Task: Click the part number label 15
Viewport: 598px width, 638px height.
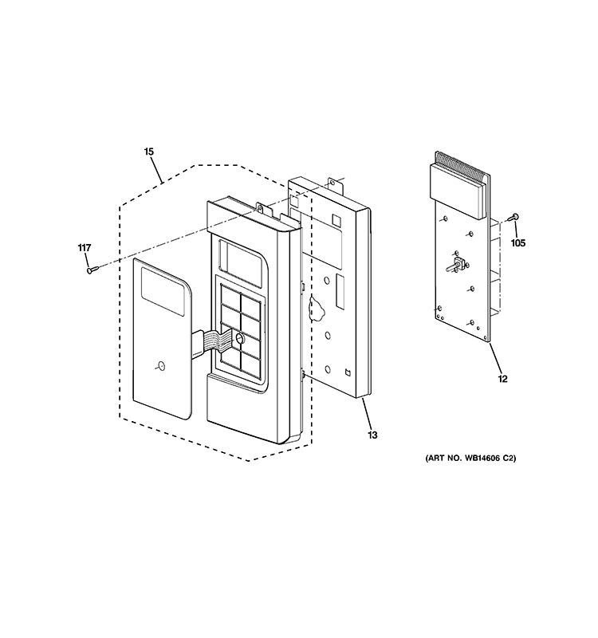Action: [x=149, y=152]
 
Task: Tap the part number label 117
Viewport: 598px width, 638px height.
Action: [x=85, y=248]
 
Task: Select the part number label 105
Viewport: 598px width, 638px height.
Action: [x=518, y=243]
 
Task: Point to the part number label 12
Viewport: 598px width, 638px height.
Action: [x=503, y=379]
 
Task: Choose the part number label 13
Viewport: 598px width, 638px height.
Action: [x=372, y=435]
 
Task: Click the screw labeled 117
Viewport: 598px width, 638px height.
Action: [x=92, y=270]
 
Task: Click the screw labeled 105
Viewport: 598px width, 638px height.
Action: [x=514, y=217]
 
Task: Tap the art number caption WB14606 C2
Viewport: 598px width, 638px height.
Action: [x=470, y=458]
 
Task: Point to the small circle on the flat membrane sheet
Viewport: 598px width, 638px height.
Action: [x=161, y=366]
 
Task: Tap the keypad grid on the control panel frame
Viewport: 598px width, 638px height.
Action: [x=241, y=328]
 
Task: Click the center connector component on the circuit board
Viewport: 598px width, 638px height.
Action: [x=456, y=266]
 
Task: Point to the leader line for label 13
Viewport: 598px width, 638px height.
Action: [x=367, y=414]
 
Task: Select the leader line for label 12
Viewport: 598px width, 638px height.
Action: [x=495, y=358]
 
